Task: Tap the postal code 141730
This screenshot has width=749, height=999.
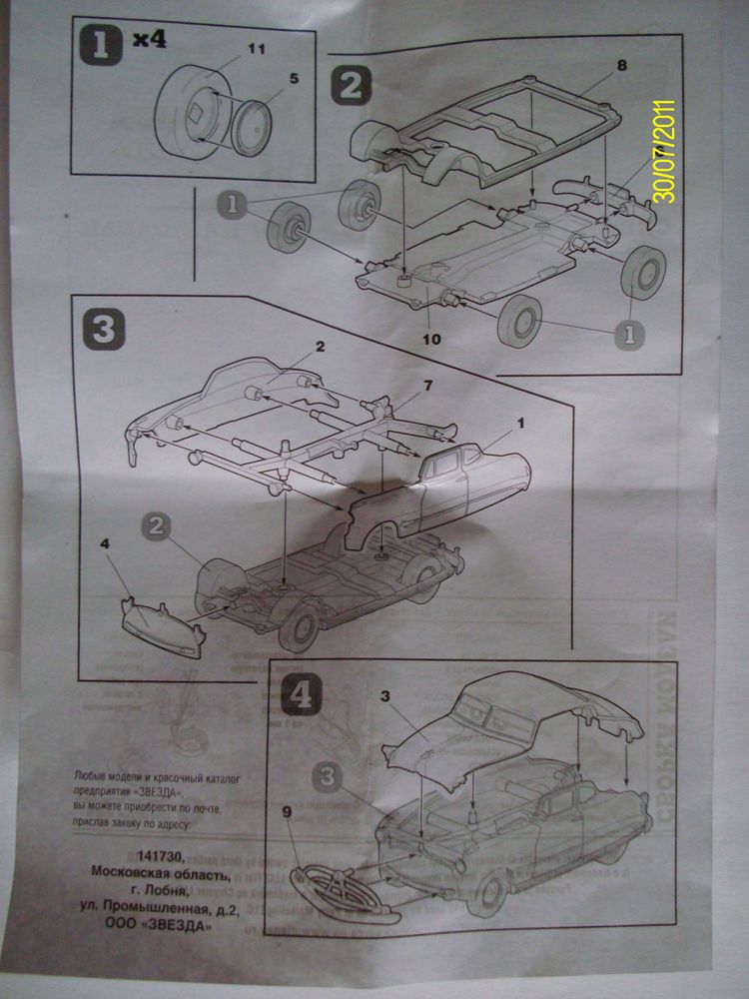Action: click(x=185, y=858)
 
